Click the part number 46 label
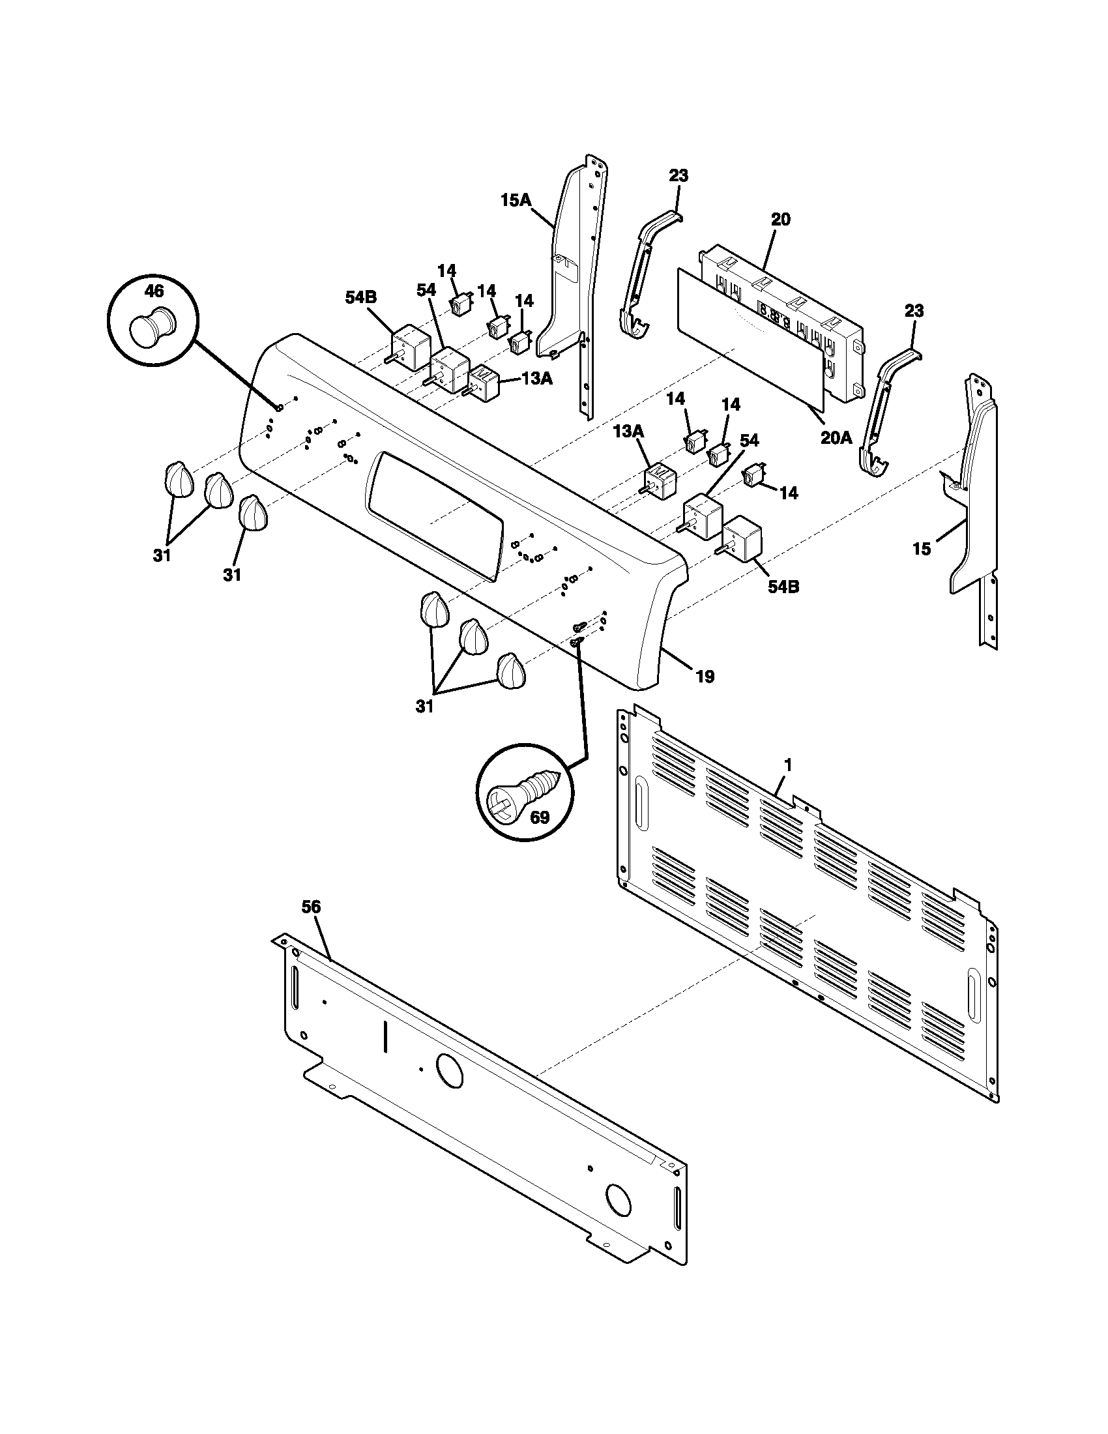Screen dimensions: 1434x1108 [x=154, y=290]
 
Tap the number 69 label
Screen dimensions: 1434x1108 [x=539, y=817]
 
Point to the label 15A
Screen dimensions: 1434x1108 [x=516, y=200]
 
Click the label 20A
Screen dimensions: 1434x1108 [x=836, y=437]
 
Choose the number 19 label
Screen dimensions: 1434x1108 [x=705, y=677]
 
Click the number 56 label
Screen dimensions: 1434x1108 [x=311, y=907]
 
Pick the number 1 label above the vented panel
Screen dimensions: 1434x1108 [x=788, y=765]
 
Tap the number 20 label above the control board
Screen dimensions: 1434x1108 [x=780, y=219]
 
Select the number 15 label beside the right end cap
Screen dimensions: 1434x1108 [x=922, y=549]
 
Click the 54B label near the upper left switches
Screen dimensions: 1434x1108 [x=361, y=297]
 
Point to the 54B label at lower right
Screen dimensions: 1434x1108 [x=783, y=587]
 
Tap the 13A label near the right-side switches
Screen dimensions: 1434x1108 [x=628, y=431]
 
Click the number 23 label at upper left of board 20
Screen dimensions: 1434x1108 [x=678, y=175]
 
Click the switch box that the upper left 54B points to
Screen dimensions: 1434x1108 [x=411, y=344]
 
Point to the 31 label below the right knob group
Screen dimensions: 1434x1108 [x=425, y=707]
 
